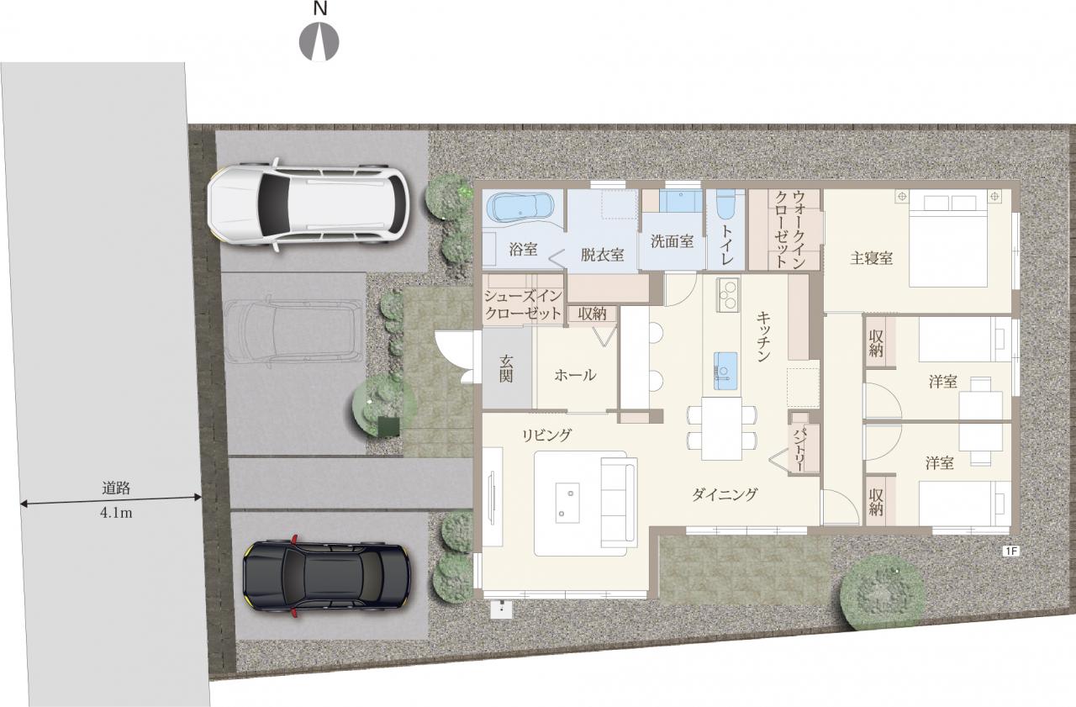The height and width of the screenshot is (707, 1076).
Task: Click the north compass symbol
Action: [x=319, y=42]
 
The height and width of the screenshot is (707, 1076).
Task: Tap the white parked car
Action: [x=309, y=204]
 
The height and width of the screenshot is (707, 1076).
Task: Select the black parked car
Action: [x=326, y=575]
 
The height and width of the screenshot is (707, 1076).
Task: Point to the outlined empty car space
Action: [x=294, y=331]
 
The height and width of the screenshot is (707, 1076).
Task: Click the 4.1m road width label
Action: [x=116, y=513]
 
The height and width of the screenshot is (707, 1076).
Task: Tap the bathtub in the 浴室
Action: [x=520, y=208]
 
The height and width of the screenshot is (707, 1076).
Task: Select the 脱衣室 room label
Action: [x=603, y=254]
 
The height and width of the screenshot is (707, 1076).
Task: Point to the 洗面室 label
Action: [x=672, y=241]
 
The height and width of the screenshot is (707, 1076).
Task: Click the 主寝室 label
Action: [x=872, y=258]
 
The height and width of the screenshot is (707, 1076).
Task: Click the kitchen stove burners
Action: [x=728, y=295]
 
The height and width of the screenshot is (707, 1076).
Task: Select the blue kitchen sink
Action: [x=725, y=370]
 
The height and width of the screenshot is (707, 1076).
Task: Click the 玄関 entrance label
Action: [x=506, y=369]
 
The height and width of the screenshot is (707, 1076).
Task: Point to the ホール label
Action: [x=576, y=375]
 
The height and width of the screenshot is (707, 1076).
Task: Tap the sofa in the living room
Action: [x=620, y=503]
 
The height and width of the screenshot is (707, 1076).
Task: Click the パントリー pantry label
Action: [x=799, y=450]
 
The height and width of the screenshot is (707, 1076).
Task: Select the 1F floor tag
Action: [x=1011, y=551]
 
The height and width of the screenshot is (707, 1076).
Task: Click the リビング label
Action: [x=547, y=435]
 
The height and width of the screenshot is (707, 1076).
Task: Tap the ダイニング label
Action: [x=725, y=494]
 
